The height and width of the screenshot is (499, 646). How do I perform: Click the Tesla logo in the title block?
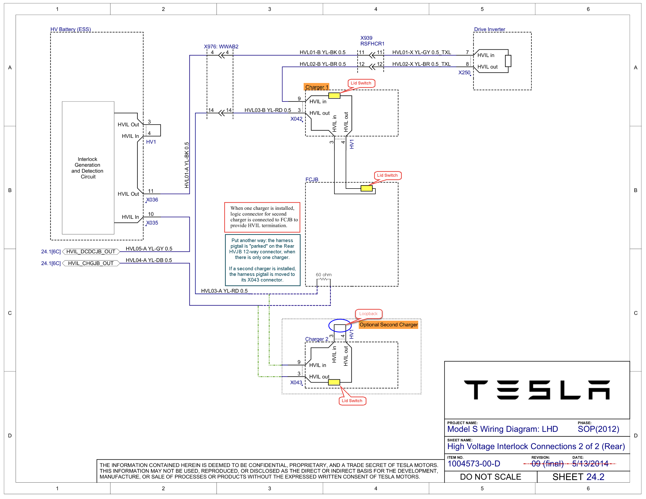(537, 390)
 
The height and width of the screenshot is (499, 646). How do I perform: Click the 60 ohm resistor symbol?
(324, 279)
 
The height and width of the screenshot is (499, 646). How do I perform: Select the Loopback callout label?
(368, 314)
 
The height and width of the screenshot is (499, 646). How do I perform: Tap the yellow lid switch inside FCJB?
(366, 188)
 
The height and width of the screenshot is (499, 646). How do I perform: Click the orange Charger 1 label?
(316, 87)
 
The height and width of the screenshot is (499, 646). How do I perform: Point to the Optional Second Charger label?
(388, 325)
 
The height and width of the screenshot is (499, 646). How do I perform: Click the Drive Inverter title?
(489, 29)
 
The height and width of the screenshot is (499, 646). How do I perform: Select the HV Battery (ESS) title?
(70, 29)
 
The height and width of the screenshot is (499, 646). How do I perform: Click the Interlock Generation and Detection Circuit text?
(88, 168)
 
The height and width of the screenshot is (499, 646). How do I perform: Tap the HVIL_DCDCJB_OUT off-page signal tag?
(91, 252)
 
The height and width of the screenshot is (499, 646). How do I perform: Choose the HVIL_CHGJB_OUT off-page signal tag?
(91, 263)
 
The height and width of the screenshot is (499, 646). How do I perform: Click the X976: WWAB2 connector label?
(221, 46)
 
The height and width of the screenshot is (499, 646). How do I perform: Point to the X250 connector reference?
(464, 72)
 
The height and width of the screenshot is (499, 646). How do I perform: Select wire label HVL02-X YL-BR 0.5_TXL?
(421, 64)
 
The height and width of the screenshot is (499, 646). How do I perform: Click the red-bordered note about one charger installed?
(262, 217)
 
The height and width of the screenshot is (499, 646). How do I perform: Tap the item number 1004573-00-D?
(474, 464)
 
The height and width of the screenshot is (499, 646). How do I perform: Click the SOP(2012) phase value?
(598, 429)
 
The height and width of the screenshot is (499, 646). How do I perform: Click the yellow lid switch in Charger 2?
(334, 382)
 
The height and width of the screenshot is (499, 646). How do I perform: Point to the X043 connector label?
(296, 382)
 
